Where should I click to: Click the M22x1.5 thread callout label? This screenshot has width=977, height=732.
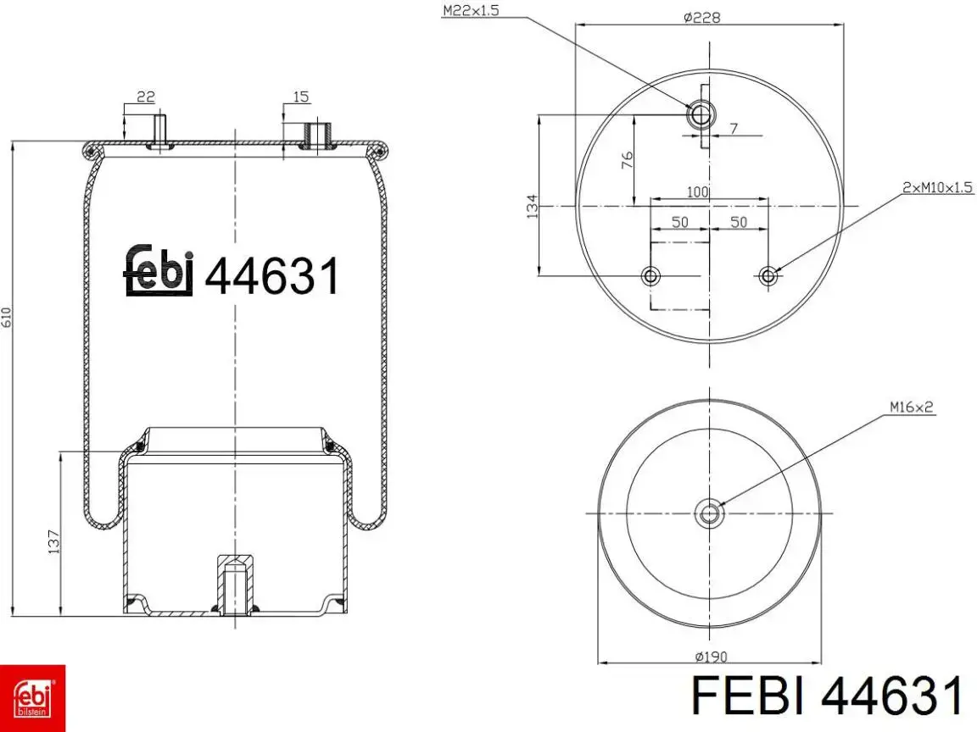click(x=471, y=10)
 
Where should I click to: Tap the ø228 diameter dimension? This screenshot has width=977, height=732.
click(x=701, y=18)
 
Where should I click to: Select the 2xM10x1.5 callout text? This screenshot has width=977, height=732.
click(x=937, y=186)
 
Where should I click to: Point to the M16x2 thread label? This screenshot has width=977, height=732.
click(x=912, y=407)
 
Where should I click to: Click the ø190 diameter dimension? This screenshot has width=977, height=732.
click(x=711, y=656)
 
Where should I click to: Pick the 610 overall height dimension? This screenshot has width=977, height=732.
click(x=7, y=318)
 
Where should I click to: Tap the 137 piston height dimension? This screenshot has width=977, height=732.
click(x=53, y=541)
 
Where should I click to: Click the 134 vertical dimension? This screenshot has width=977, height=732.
click(x=532, y=206)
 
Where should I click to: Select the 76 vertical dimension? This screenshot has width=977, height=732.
click(x=627, y=159)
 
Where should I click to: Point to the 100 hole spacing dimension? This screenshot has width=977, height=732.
click(x=697, y=191)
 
